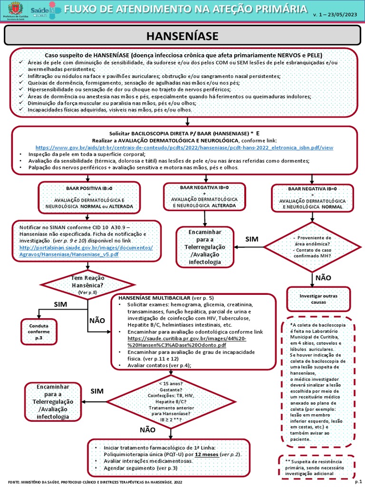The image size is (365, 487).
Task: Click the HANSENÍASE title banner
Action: [x=182, y=36]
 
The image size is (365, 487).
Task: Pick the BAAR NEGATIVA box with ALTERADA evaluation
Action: [x=205, y=196]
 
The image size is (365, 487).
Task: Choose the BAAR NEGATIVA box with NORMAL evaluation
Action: [x=312, y=198]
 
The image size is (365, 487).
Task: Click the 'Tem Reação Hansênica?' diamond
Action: [x=87, y=284]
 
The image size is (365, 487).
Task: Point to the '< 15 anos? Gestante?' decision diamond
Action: [x=166, y=399]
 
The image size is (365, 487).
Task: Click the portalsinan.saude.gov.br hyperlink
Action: [x=86, y=251]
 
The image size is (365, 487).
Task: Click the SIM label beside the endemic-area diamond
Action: [x=251, y=239]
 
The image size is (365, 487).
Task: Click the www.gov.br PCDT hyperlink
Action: [x=184, y=148]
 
